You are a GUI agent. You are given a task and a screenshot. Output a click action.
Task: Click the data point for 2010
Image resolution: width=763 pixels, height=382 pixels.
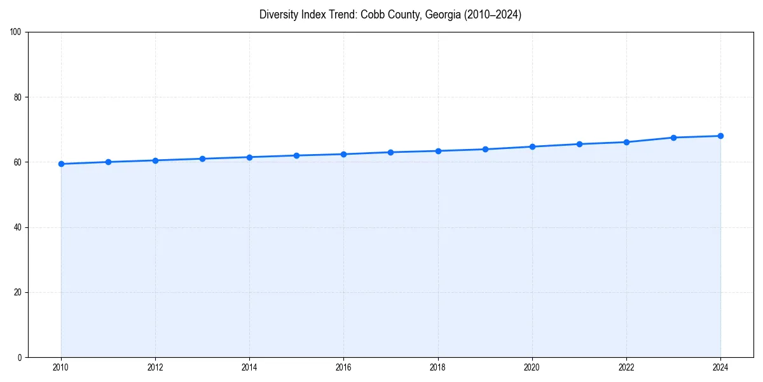(61, 164)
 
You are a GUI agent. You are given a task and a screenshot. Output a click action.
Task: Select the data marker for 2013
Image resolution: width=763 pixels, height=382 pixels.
(202, 159)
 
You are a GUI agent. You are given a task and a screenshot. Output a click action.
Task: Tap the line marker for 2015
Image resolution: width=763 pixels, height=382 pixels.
(296, 155)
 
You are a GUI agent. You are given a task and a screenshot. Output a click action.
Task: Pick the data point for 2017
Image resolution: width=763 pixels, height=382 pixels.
(390, 152)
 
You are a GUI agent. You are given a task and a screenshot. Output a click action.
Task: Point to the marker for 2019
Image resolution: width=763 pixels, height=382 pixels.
(485, 149)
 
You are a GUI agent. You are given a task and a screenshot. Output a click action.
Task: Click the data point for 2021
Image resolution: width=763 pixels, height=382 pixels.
(579, 144)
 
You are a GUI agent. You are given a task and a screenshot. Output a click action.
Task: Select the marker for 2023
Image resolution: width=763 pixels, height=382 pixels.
(673, 138)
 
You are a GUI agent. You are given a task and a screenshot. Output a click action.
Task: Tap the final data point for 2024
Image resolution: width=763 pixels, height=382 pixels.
(720, 136)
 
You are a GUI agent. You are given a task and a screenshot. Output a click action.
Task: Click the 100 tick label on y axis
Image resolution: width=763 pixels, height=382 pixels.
(17, 32)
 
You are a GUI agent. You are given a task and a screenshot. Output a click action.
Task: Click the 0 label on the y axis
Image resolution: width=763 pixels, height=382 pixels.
(20, 357)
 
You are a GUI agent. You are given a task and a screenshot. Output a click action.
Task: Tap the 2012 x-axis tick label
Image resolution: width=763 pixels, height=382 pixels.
(155, 367)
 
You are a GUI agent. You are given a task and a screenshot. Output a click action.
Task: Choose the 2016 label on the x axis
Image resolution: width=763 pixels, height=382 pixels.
(343, 367)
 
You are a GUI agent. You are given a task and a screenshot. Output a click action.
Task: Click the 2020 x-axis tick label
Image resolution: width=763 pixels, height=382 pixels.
(532, 367)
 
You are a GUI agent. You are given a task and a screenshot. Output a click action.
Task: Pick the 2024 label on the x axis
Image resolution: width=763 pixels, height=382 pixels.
(720, 367)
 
